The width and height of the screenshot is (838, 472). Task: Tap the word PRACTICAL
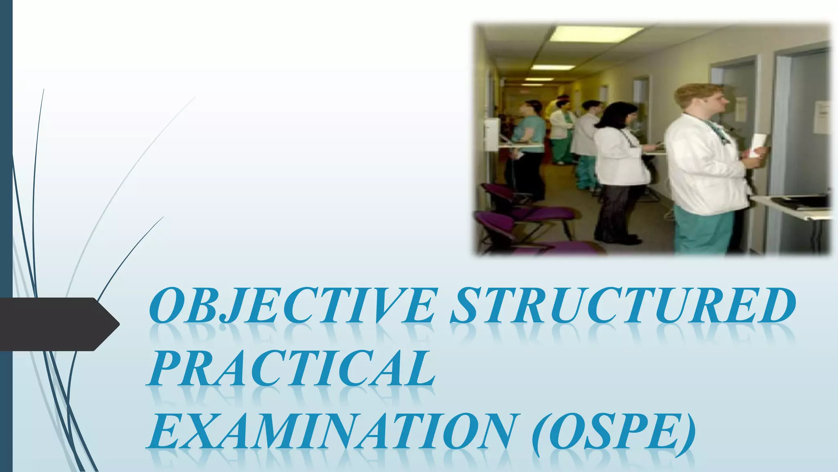click(x=291, y=368)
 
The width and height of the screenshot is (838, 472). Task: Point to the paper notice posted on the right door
click(x=822, y=117)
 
